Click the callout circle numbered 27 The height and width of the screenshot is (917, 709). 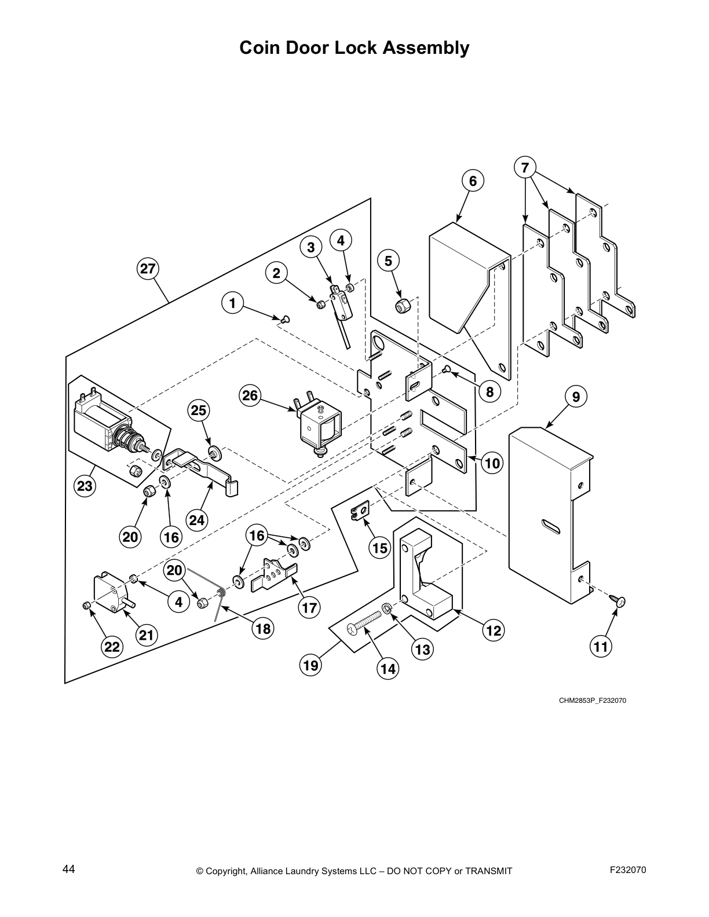click(148, 269)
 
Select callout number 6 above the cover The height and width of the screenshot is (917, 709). click(473, 182)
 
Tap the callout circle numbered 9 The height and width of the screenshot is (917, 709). click(575, 397)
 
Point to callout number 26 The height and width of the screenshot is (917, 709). click(250, 396)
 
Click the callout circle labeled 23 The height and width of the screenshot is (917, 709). click(85, 486)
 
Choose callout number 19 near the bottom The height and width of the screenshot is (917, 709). click(311, 665)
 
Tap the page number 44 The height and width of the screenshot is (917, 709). click(68, 869)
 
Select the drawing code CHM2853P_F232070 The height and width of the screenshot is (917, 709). click(592, 700)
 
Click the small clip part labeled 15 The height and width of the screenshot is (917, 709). click(359, 511)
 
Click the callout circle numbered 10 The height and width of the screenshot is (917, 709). click(491, 463)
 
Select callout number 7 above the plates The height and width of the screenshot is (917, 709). click(525, 168)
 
